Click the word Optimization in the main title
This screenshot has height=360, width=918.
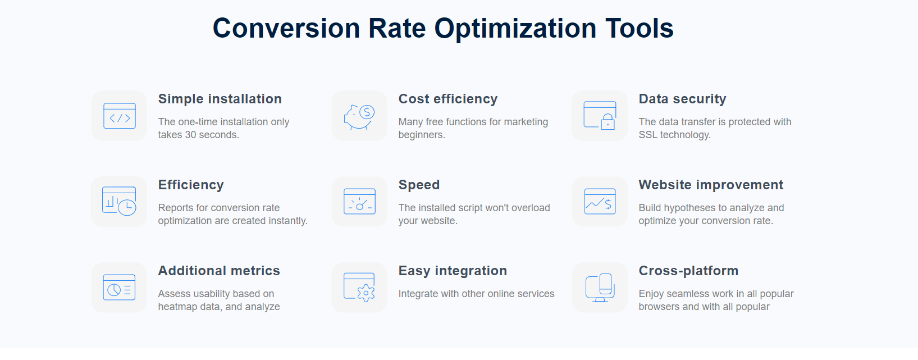(x=515, y=29)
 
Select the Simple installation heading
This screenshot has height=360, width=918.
(x=220, y=99)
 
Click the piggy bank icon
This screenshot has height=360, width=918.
(x=359, y=117)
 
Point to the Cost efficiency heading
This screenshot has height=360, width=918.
(x=448, y=99)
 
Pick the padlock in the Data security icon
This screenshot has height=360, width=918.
(x=608, y=121)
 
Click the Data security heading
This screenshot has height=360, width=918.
(x=682, y=99)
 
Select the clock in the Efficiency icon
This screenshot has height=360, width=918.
(x=127, y=207)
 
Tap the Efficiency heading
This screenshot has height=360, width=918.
(x=191, y=185)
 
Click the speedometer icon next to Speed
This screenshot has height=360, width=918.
(x=359, y=202)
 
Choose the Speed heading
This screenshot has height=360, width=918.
(x=419, y=185)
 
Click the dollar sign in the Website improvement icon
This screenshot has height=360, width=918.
(x=608, y=204)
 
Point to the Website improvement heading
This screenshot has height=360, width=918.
(x=711, y=185)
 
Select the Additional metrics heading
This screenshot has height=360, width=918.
(x=219, y=271)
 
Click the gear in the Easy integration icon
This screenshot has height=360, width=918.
(x=366, y=293)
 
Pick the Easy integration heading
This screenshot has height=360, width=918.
(x=453, y=271)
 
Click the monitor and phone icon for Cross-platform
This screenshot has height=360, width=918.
(x=600, y=288)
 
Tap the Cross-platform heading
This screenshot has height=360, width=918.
(x=688, y=271)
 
